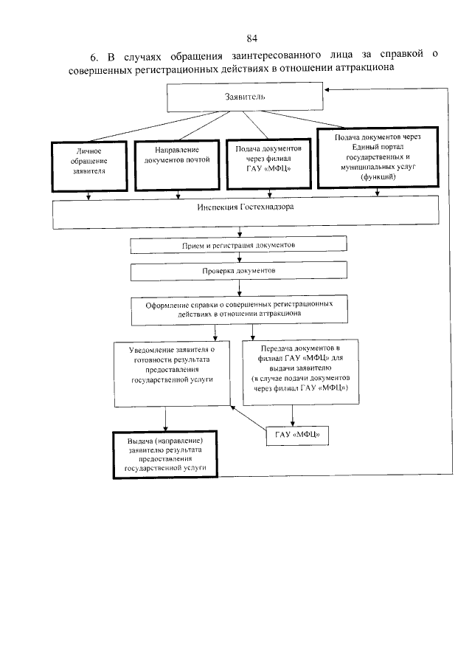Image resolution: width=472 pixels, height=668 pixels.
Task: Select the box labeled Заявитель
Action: pyautogui.click(x=243, y=97)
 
